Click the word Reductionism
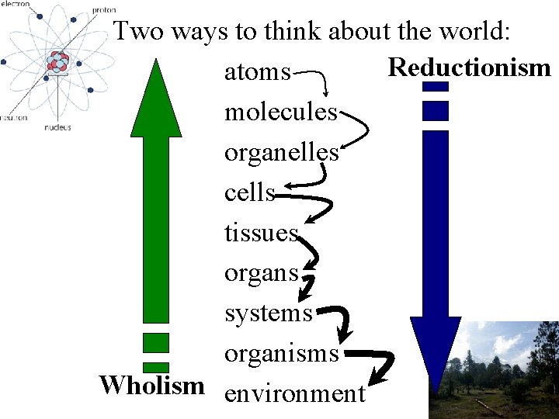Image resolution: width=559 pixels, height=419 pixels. [469, 68]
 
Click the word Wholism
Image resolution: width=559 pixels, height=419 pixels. [152, 385]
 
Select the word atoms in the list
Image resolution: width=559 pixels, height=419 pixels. [257, 73]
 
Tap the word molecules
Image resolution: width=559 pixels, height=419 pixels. [281, 113]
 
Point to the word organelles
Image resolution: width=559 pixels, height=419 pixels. [281, 153]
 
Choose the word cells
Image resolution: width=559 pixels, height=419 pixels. [249, 192]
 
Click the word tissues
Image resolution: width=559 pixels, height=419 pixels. [261, 233]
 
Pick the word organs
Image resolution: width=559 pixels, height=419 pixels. [261, 274]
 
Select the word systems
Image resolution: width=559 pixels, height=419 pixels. [268, 313]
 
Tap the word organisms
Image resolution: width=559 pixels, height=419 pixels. [281, 354]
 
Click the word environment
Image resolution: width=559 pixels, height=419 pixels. [294, 393]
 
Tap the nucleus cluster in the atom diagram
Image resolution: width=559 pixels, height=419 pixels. [57, 62]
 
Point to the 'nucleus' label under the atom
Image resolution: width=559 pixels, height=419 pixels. [58, 126]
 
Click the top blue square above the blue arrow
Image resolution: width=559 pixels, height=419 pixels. [436, 86]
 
